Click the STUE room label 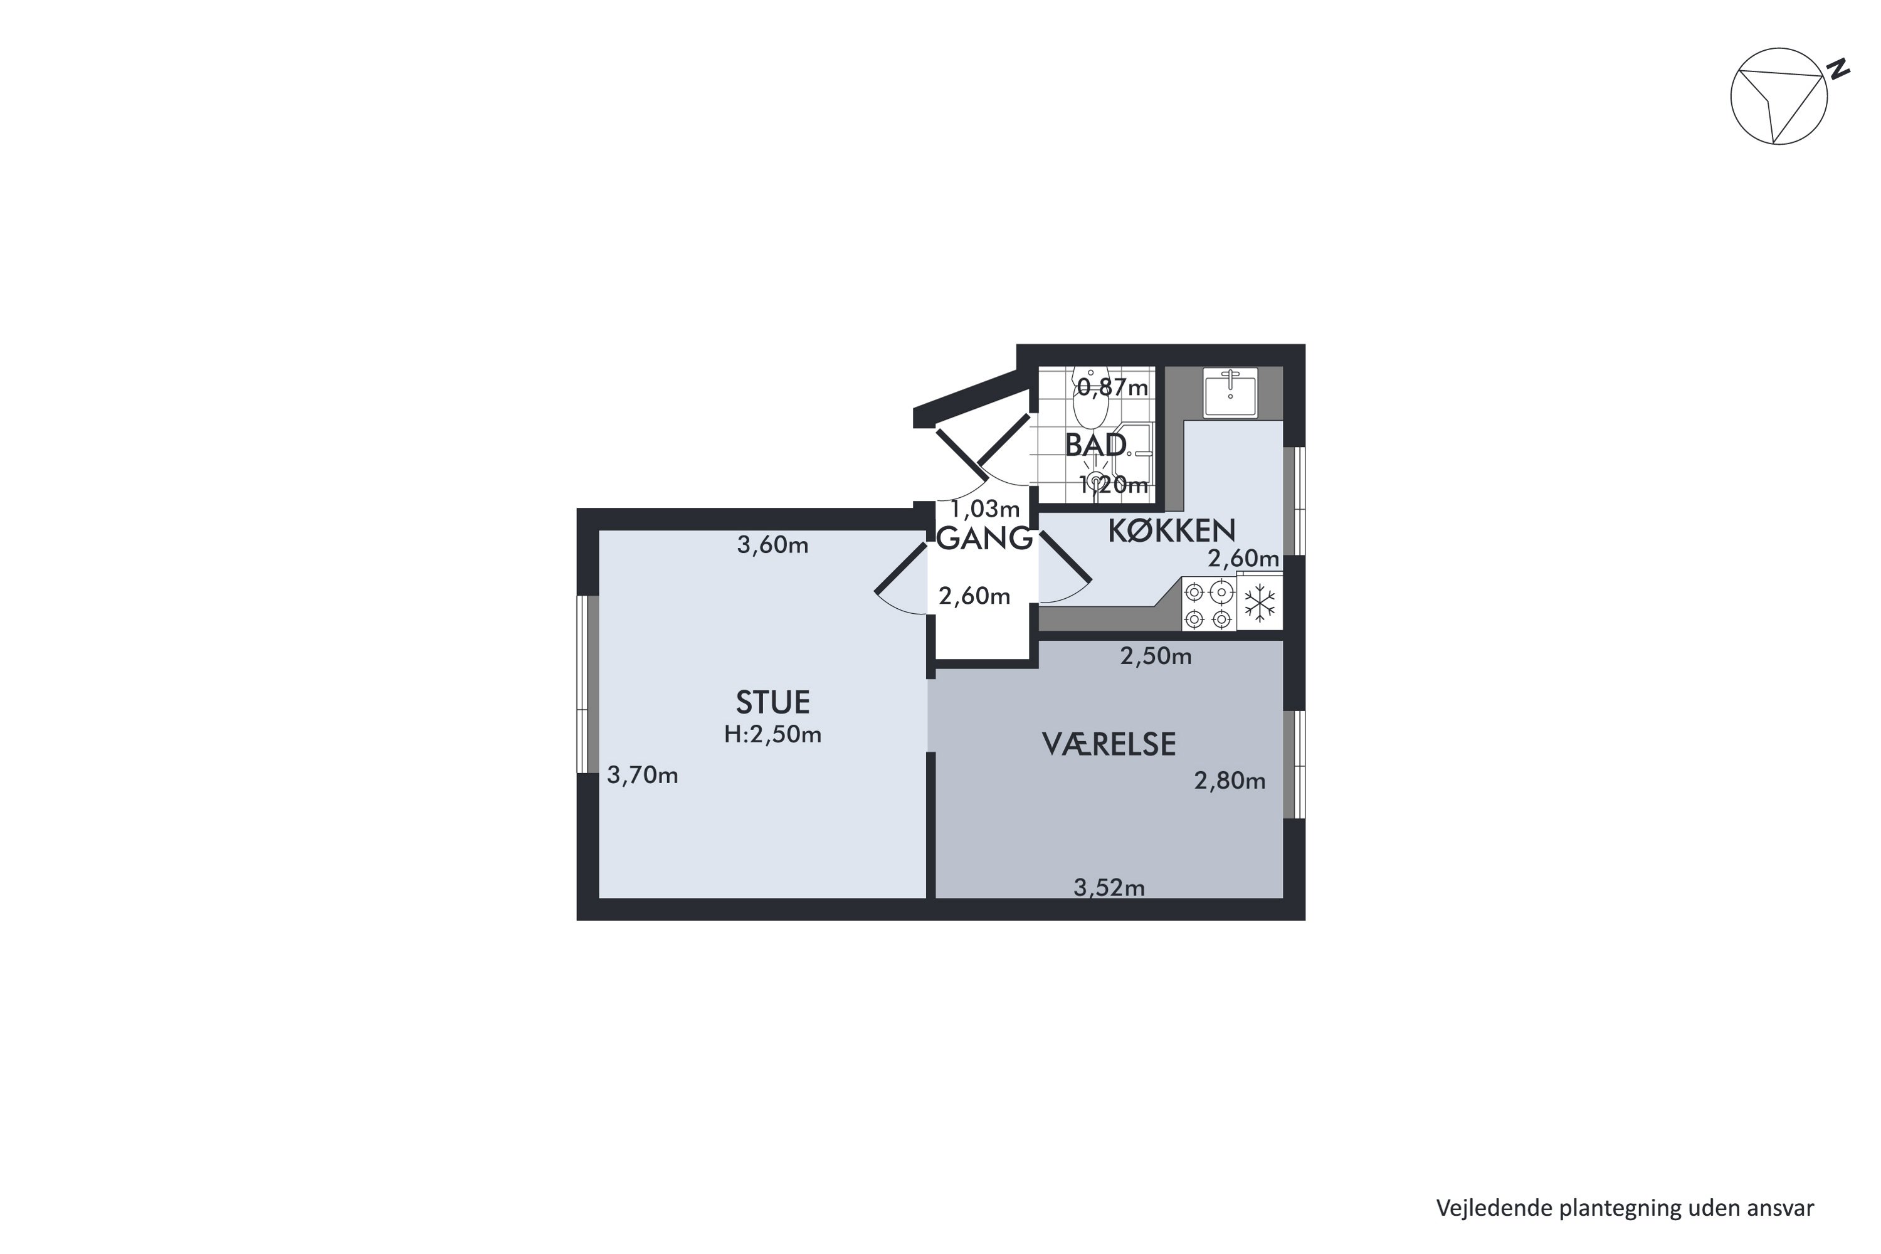(x=772, y=702)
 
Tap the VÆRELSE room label (x=1109, y=745)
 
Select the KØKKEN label (x=1172, y=531)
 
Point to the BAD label (x=1095, y=445)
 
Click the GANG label (x=984, y=539)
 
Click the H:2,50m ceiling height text (x=772, y=734)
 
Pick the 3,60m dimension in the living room (x=772, y=545)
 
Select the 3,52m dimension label (x=1109, y=888)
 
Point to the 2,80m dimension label (x=1230, y=781)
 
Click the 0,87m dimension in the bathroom (x=1112, y=388)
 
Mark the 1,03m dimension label (x=984, y=508)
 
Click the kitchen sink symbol (x=1231, y=392)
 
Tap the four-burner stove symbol (x=1208, y=604)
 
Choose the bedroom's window (x=1294, y=764)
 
